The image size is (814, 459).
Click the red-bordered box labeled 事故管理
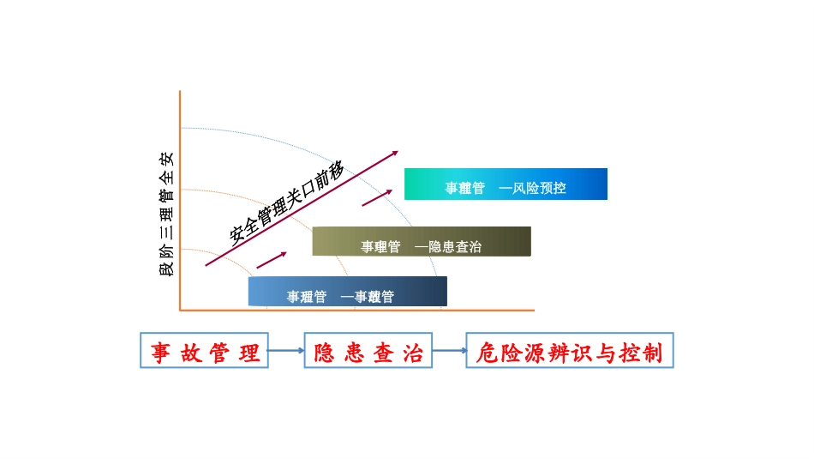coord(204,351)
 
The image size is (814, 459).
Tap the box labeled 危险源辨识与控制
coord(570,351)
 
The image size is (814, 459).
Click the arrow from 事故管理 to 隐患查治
coord(286,351)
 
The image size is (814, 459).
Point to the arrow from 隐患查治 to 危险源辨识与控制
coord(449,351)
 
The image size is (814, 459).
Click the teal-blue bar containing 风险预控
coord(506,184)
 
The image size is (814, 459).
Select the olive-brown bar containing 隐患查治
coord(422,241)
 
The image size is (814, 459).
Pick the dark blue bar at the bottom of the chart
coord(347,292)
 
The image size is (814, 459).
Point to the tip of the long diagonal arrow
coord(397,153)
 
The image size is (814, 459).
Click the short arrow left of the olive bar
coord(272,258)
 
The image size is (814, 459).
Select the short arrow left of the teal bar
coord(377,198)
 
